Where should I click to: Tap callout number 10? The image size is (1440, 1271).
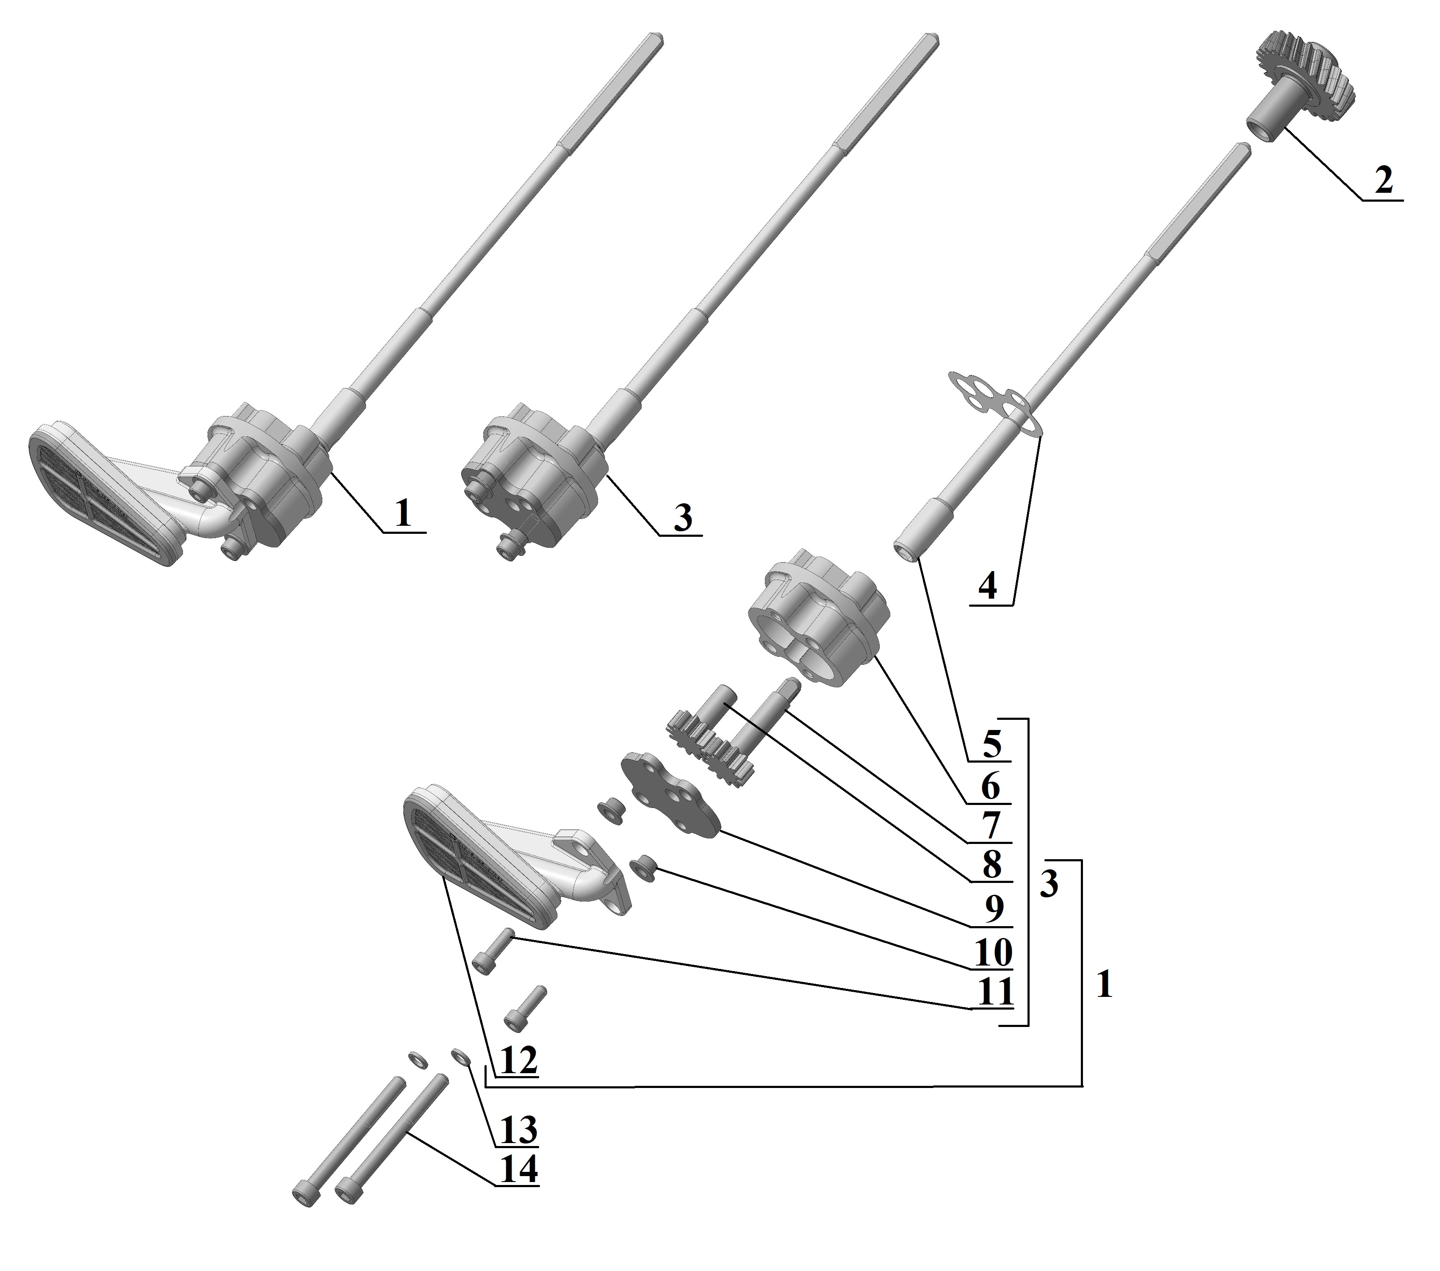click(x=993, y=952)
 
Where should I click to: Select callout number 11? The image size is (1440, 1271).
click(x=995, y=992)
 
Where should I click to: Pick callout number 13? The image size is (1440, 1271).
click(x=519, y=1130)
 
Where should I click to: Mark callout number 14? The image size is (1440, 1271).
click(x=519, y=1170)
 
